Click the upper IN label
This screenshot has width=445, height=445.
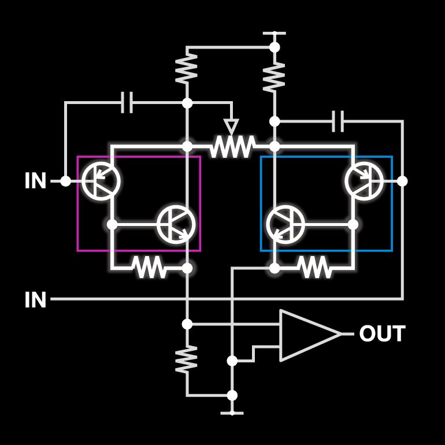pyautogui.click(x=35, y=180)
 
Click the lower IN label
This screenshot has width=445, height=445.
pyautogui.click(x=35, y=300)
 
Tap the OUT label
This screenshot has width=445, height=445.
pyautogui.click(x=382, y=334)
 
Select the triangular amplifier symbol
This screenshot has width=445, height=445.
pyautogui.click(x=310, y=335)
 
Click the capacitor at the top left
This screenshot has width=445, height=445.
pyautogui.click(x=127, y=102)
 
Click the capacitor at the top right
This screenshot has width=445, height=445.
pyautogui.click(x=338, y=121)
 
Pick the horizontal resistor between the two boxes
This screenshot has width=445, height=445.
pyautogui.click(x=232, y=146)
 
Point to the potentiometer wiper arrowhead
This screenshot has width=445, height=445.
pyautogui.click(x=231, y=127)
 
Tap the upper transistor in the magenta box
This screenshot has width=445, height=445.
pyautogui.click(x=101, y=181)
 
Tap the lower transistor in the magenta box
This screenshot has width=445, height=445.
pyautogui.click(x=176, y=224)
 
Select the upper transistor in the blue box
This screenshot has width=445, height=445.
pyautogui.click(x=364, y=181)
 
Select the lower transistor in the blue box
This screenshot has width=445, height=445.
pyautogui.click(x=286, y=224)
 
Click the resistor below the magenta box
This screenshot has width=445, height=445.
pyautogui.click(x=149, y=268)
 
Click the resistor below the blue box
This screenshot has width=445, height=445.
pyautogui.click(x=315, y=268)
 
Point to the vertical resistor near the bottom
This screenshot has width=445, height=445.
pyautogui.click(x=187, y=359)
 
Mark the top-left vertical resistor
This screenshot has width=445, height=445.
pyautogui.click(x=187, y=68)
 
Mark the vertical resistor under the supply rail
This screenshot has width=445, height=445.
pyautogui.click(x=274, y=77)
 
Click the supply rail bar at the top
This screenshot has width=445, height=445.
pyautogui.click(x=274, y=33)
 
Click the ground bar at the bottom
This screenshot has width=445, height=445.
pyautogui.click(x=232, y=413)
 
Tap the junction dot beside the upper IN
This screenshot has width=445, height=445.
pyautogui.click(x=65, y=181)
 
